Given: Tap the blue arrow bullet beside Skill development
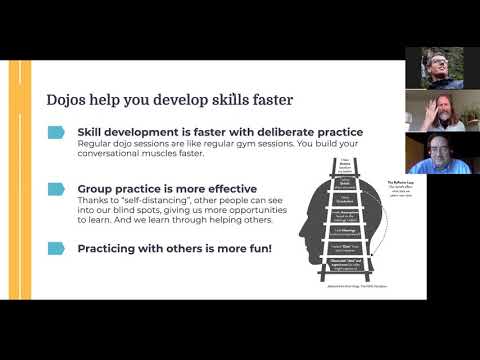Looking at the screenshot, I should (x=58, y=132).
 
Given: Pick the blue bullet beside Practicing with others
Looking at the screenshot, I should (x=58, y=243).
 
